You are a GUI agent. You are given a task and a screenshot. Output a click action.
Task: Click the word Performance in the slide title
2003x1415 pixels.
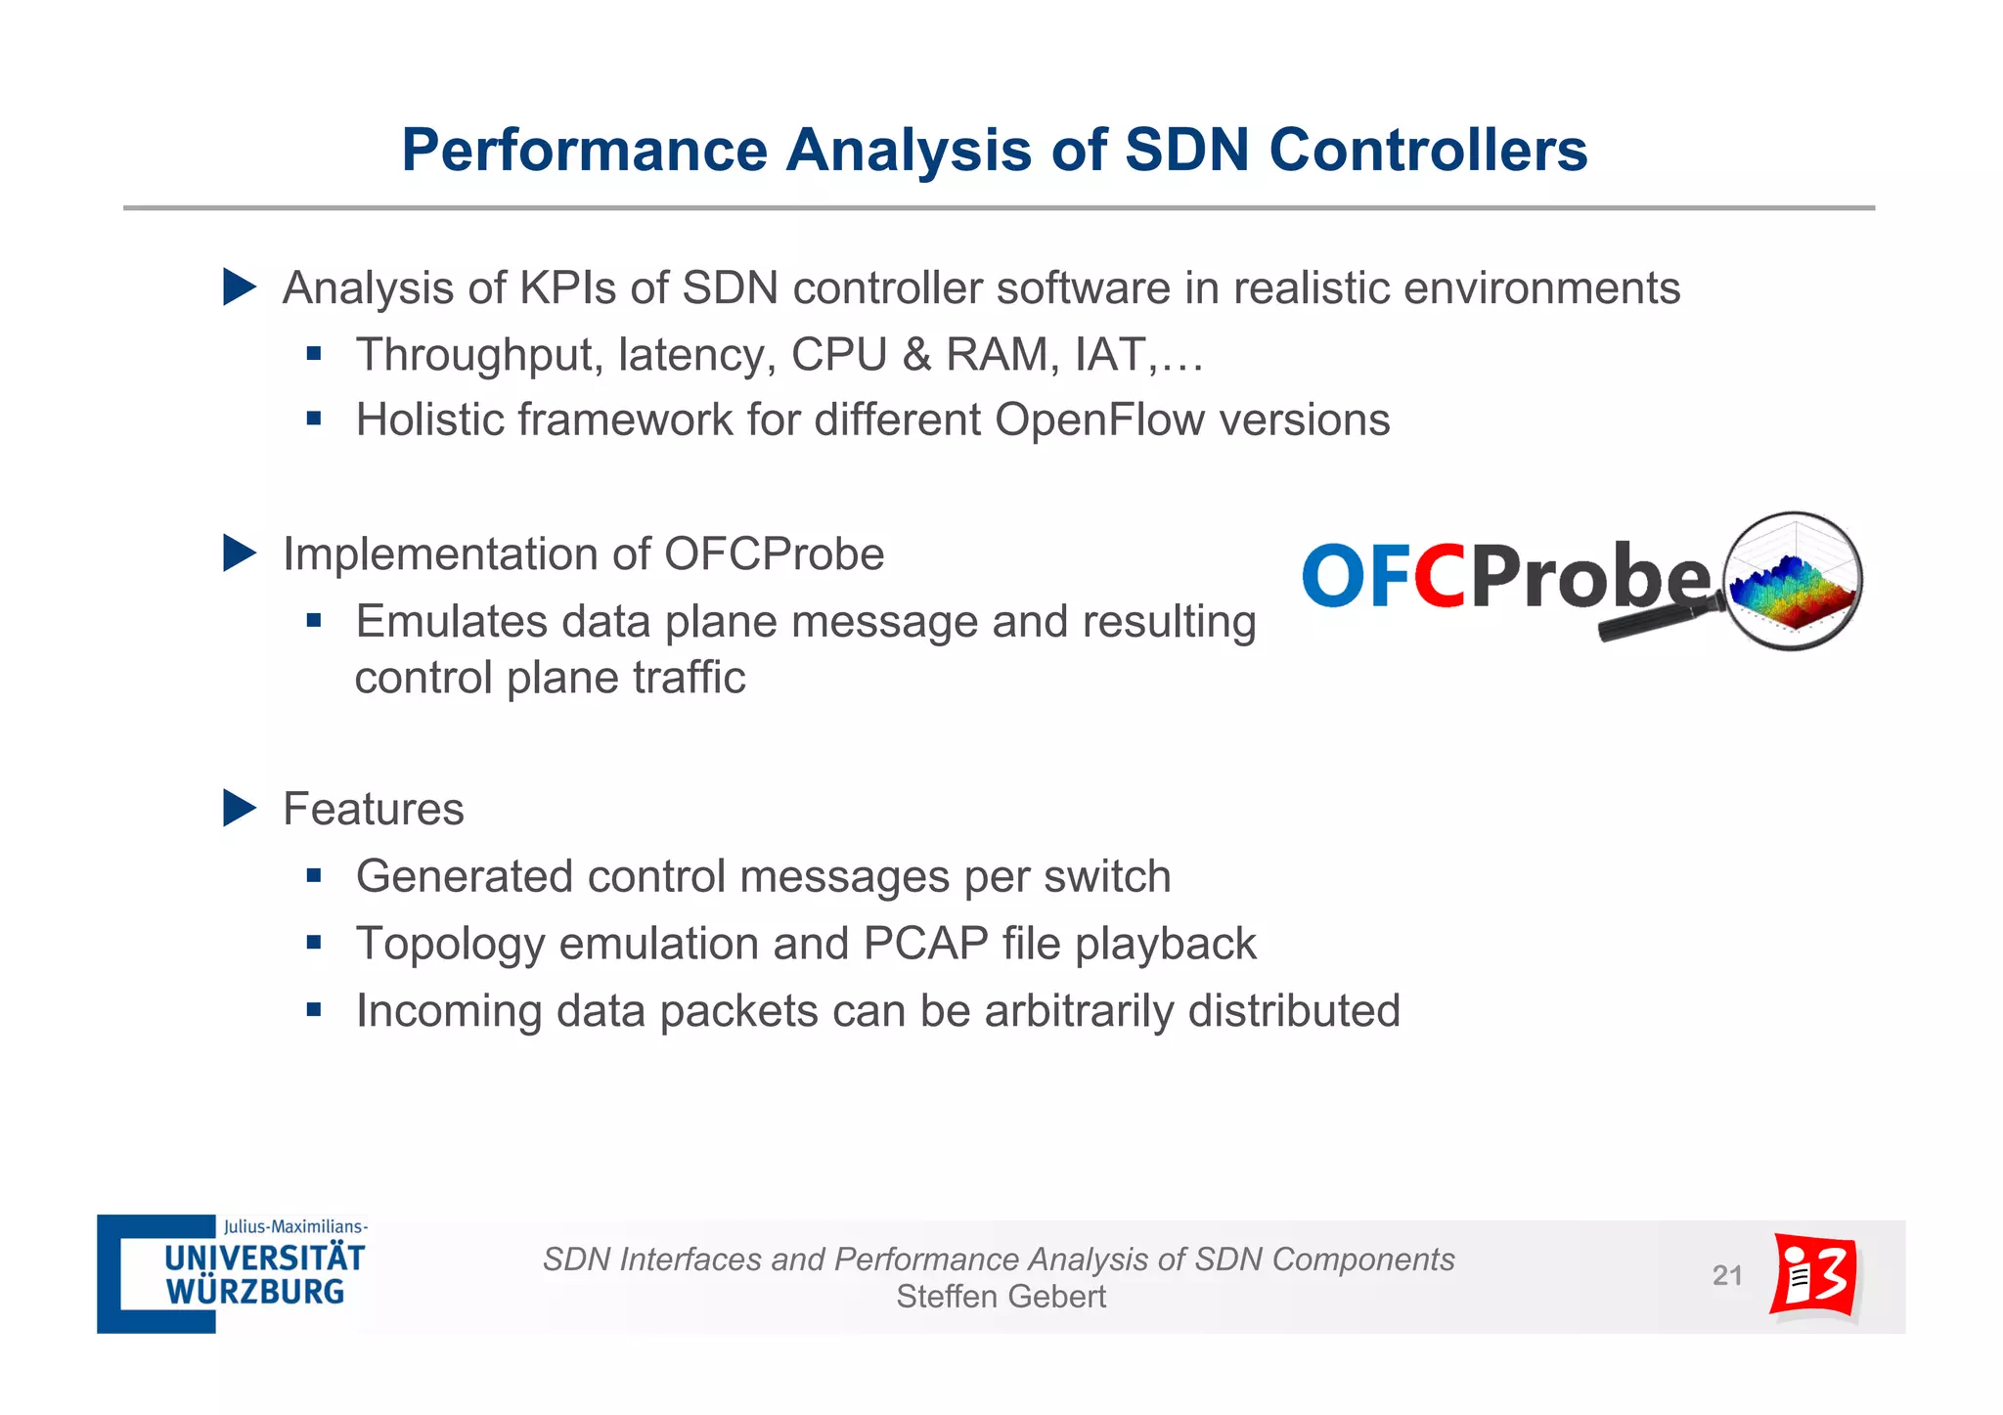coord(584,151)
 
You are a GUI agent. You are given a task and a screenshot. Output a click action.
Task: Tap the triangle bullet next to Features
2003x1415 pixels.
coord(238,809)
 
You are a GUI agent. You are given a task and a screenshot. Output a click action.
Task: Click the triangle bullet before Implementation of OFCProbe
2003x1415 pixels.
coord(238,553)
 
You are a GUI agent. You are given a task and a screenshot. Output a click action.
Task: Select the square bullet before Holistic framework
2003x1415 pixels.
coord(314,420)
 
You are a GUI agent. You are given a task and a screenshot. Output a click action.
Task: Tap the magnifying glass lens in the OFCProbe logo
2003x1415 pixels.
coord(1793,581)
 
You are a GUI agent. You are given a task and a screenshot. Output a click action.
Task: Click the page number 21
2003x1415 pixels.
coord(1727,1275)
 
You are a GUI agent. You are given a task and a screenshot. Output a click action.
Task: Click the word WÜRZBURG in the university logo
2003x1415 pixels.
coord(255,1292)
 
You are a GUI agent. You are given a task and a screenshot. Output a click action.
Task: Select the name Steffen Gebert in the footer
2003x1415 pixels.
coord(1001,1297)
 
